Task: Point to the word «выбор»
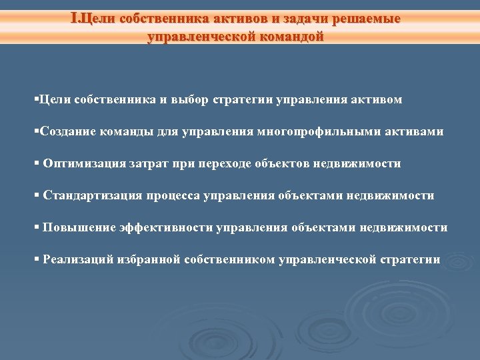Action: pos(190,100)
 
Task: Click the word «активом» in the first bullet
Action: pos(378,100)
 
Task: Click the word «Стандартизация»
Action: pos(92,196)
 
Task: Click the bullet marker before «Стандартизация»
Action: pos(37,196)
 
